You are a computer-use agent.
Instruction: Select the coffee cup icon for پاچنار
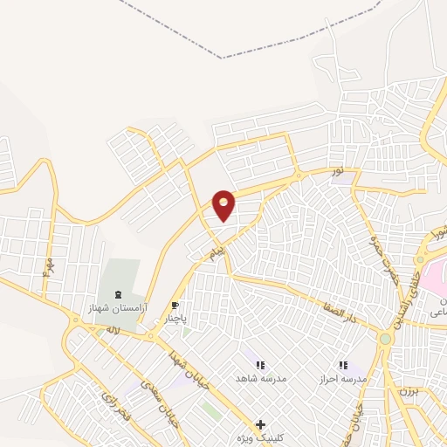pos(175,306)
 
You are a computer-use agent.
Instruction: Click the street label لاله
pos(112,331)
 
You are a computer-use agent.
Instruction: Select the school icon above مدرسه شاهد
pos(259,365)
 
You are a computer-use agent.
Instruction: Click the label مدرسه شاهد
pos(258,379)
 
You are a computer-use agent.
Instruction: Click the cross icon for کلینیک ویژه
pos(259,424)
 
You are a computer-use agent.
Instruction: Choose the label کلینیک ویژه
pos(259,437)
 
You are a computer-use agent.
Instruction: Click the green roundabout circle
pos(385,338)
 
